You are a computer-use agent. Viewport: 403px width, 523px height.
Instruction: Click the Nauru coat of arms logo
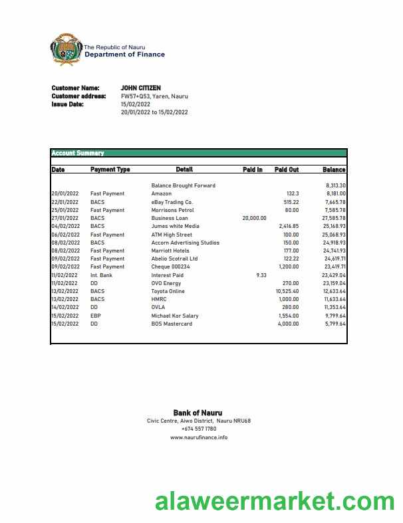[66, 51]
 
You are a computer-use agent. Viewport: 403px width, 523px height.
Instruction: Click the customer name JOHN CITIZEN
[140, 88]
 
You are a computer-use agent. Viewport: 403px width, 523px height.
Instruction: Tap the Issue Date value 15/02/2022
[135, 104]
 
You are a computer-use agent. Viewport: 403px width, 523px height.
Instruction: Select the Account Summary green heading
[78, 154]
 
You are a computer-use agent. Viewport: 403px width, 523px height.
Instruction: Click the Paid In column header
[252, 169]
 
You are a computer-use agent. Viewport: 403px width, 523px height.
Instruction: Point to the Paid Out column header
[287, 169]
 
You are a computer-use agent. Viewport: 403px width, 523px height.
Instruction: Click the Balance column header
[334, 169]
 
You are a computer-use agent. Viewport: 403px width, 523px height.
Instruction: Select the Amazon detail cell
[162, 193]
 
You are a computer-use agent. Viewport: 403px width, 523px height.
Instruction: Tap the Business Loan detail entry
[170, 218]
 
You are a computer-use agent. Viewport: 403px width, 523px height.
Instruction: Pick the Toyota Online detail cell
[169, 291]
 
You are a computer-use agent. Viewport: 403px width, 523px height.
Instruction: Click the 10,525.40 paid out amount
[287, 291]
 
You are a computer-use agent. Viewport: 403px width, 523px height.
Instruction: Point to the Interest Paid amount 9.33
[261, 275]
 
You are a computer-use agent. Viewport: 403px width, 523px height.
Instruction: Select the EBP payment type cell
[96, 316]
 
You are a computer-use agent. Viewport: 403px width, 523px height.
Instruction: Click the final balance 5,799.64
[335, 324]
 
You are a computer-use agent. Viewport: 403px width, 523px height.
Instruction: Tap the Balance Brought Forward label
[183, 185]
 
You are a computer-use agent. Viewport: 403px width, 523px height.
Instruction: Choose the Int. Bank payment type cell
[101, 275]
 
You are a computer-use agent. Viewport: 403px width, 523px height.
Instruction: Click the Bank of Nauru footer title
[198, 413]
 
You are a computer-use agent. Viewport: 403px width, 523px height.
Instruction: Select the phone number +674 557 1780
[198, 429]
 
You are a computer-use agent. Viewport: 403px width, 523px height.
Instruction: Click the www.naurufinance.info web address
[198, 437]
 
